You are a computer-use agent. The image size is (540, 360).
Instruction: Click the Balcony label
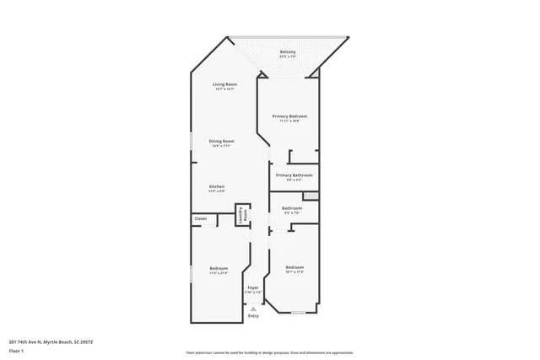pyautogui.click(x=288, y=52)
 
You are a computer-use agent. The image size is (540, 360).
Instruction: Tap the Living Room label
pyautogui.click(x=224, y=84)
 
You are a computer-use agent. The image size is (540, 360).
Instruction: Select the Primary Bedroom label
pyautogui.click(x=289, y=116)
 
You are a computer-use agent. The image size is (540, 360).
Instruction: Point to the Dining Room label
pyautogui.click(x=222, y=141)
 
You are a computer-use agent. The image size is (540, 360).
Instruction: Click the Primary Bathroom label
pyautogui.click(x=294, y=175)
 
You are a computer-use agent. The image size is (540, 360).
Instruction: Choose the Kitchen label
pyautogui.click(x=217, y=186)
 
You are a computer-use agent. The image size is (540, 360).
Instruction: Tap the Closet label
pyautogui.click(x=201, y=218)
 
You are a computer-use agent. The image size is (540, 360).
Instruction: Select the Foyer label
pyautogui.click(x=253, y=287)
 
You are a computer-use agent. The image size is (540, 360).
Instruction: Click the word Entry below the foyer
pyautogui.click(x=253, y=316)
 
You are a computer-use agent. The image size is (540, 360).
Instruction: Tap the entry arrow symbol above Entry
pyautogui.click(x=253, y=309)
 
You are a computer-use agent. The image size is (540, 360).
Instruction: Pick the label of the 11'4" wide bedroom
pyautogui.click(x=219, y=268)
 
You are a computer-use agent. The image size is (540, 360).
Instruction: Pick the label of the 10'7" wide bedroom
pyautogui.click(x=294, y=267)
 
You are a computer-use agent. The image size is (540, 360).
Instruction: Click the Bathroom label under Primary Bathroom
pyautogui.click(x=292, y=207)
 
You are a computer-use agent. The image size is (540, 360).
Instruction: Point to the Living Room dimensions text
pyautogui.click(x=224, y=89)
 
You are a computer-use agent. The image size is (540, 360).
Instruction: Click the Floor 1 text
pyautogui.click(x=16, y=350)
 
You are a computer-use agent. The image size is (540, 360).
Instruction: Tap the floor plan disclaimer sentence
pyautogui.click(x=270, y=352)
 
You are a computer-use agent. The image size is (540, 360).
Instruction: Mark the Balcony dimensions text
pyautogui.click(x=288, y=57)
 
